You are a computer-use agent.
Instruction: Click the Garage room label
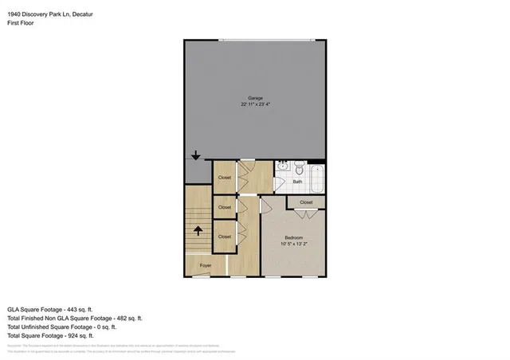[255, 98]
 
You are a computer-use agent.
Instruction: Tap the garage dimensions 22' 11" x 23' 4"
[255, 104]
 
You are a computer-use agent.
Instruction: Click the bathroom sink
[282, 169]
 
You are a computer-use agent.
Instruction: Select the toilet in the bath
[297, 169]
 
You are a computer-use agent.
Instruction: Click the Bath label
[297, 182]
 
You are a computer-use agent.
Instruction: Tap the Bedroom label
[292, 237]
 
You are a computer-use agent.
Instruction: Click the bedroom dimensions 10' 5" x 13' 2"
[292, 243]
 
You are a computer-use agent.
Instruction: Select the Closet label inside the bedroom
[306, 203]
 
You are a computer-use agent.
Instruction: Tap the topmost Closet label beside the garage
[225, 178]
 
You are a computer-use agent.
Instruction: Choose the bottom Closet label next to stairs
[225, 237]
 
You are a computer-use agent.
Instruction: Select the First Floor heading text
[22, 23]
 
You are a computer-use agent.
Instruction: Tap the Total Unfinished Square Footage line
[62, 327]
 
